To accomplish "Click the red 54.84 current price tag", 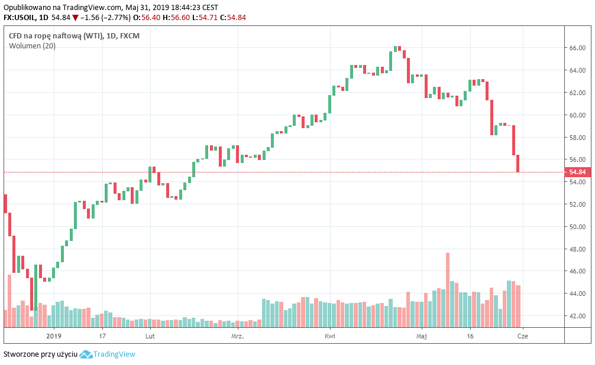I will point(577,172).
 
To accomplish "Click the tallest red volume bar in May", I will point(448,289).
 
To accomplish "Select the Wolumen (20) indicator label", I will point(32,46).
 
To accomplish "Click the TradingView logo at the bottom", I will point(107,354).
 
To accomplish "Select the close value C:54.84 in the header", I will point(232,17).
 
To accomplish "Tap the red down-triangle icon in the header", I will point(75,17).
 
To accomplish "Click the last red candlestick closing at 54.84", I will point(518,164).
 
